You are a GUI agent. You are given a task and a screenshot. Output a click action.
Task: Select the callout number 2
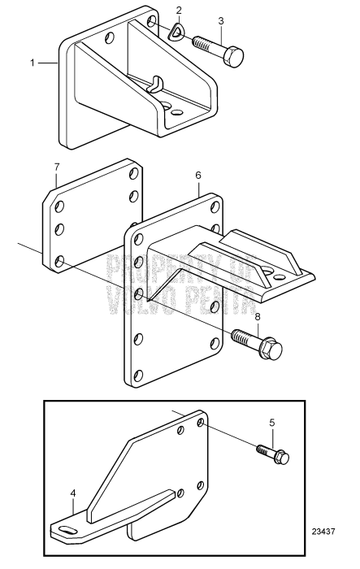(x=180, y=11)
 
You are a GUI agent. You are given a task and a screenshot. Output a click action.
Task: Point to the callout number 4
(x=73, y=493)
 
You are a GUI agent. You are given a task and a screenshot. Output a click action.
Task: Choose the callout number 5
(x=271, y=422)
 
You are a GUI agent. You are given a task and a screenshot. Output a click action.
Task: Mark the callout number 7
(x=56, y=167)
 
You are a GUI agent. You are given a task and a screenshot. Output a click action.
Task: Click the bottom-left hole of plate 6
(x=140, y=375)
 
